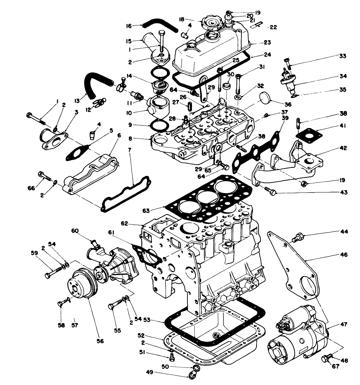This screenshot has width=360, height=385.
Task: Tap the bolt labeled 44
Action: coord(297,238)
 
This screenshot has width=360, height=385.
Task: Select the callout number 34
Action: coord(343,76)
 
